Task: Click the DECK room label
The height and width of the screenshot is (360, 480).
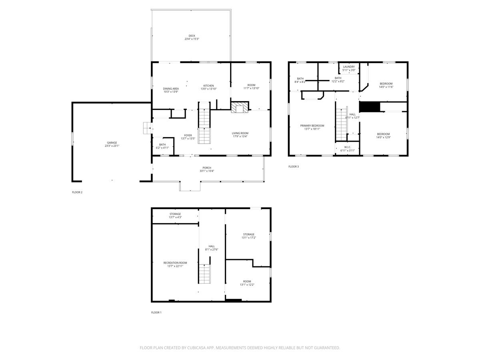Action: point(192,36)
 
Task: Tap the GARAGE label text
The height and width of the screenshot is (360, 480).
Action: point(112,143)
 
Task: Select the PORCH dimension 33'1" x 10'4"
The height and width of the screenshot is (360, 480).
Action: point(207,171)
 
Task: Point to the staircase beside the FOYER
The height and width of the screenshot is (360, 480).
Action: point(204,124)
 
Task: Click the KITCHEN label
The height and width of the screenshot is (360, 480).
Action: point(208,86)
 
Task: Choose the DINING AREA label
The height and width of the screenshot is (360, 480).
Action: point(171,88)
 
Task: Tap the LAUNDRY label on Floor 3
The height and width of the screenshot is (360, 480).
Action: point(349,67)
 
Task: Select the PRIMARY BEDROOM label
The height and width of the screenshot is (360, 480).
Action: point(312,126)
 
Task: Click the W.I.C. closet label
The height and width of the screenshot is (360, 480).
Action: point(348,147)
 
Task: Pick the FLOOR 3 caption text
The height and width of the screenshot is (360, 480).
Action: point(293,166)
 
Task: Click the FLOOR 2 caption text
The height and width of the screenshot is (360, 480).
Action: point(77,192)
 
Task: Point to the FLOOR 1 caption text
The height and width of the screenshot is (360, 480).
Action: point(156,312)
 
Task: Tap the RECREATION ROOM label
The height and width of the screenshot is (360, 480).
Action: point(175,263)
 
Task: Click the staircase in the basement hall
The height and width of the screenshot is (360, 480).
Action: point(204,274)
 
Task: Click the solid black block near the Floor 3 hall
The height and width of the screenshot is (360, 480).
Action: point(369,107)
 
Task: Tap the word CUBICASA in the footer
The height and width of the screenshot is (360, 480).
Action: point(199,348)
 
